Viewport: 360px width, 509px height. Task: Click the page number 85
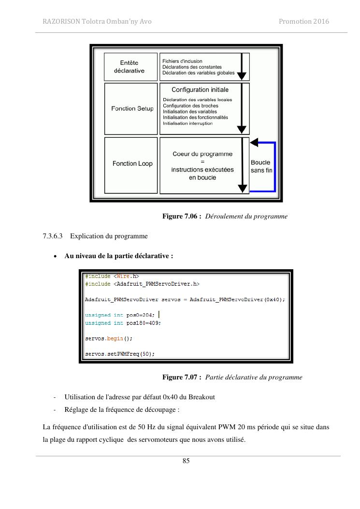[186, 461]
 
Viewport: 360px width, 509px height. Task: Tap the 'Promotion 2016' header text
[304, 21]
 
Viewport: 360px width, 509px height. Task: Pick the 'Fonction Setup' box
[132, 109]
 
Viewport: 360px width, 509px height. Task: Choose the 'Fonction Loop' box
[132, 164]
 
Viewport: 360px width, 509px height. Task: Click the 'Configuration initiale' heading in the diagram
[200, 90]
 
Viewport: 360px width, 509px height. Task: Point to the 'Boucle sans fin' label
[260, 166]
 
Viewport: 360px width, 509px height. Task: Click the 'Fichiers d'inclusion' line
[183, 61]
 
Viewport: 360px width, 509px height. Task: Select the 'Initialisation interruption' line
[187, 123]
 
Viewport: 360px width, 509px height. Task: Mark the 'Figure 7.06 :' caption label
[182, 217]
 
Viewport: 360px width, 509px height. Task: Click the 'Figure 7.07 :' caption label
[182, 377]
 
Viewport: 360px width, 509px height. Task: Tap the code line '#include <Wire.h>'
[112, 276]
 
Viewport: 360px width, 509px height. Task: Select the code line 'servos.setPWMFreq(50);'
[120, 354]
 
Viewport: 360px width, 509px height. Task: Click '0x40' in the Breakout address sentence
[171, 397]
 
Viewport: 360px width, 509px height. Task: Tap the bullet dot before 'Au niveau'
[56, 256]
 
